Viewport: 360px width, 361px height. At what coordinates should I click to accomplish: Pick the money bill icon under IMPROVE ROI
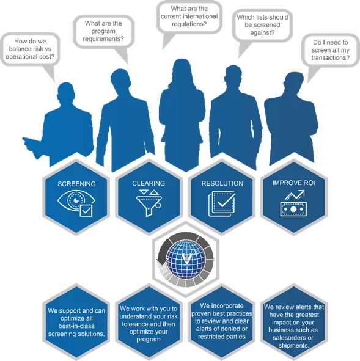pyautogui.click(x=293, y=209)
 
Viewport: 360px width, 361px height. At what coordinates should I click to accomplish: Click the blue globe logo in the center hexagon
pyautogui.click(x=186, y=258)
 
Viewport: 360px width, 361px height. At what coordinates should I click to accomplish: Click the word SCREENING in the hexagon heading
pyautogui.click(x=76, y=184)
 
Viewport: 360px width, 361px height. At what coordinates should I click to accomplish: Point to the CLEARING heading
pyautogui.click(x=149, y=183)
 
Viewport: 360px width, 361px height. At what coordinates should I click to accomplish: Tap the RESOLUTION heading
pyautogui.click(x=222, y=183)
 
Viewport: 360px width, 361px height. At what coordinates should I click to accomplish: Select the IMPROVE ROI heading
pyautogui.click(x=293, y=183)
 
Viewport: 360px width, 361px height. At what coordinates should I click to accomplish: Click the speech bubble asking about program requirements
pyautogui.click(x=104, y=32)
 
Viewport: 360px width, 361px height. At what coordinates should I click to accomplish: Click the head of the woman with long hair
pyautogui.click(x=182, y=70)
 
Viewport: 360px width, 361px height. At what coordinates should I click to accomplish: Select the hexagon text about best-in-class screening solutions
pyautogui.click(x=76, y=322)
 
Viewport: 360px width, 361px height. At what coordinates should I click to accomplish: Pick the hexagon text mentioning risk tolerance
pyautogui.click(x=149, y=324)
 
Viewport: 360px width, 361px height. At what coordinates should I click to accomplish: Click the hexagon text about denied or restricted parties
pyautogui.click(x=222, y=321)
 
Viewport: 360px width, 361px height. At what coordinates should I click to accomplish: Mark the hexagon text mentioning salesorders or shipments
pyautogui.click(x=294, y=326)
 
